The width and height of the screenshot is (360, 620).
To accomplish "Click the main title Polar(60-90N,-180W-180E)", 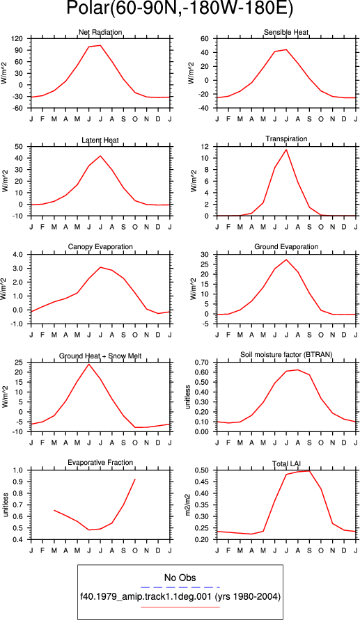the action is (180, 9).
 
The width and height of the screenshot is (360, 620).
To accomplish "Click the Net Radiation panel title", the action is (100, 32).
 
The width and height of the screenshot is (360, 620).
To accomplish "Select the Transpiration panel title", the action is (286, 138).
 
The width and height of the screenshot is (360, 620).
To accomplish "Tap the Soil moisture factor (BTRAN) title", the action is (286, 354).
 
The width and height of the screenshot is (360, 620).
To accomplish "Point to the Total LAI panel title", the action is (286, 462).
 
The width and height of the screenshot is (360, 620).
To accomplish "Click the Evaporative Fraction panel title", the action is (100, 462).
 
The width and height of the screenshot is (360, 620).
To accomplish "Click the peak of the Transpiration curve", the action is (286, 150).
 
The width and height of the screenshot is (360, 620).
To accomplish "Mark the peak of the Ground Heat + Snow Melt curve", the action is (89, 364).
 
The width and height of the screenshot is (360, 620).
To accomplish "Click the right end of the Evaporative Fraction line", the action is (135, 479).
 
